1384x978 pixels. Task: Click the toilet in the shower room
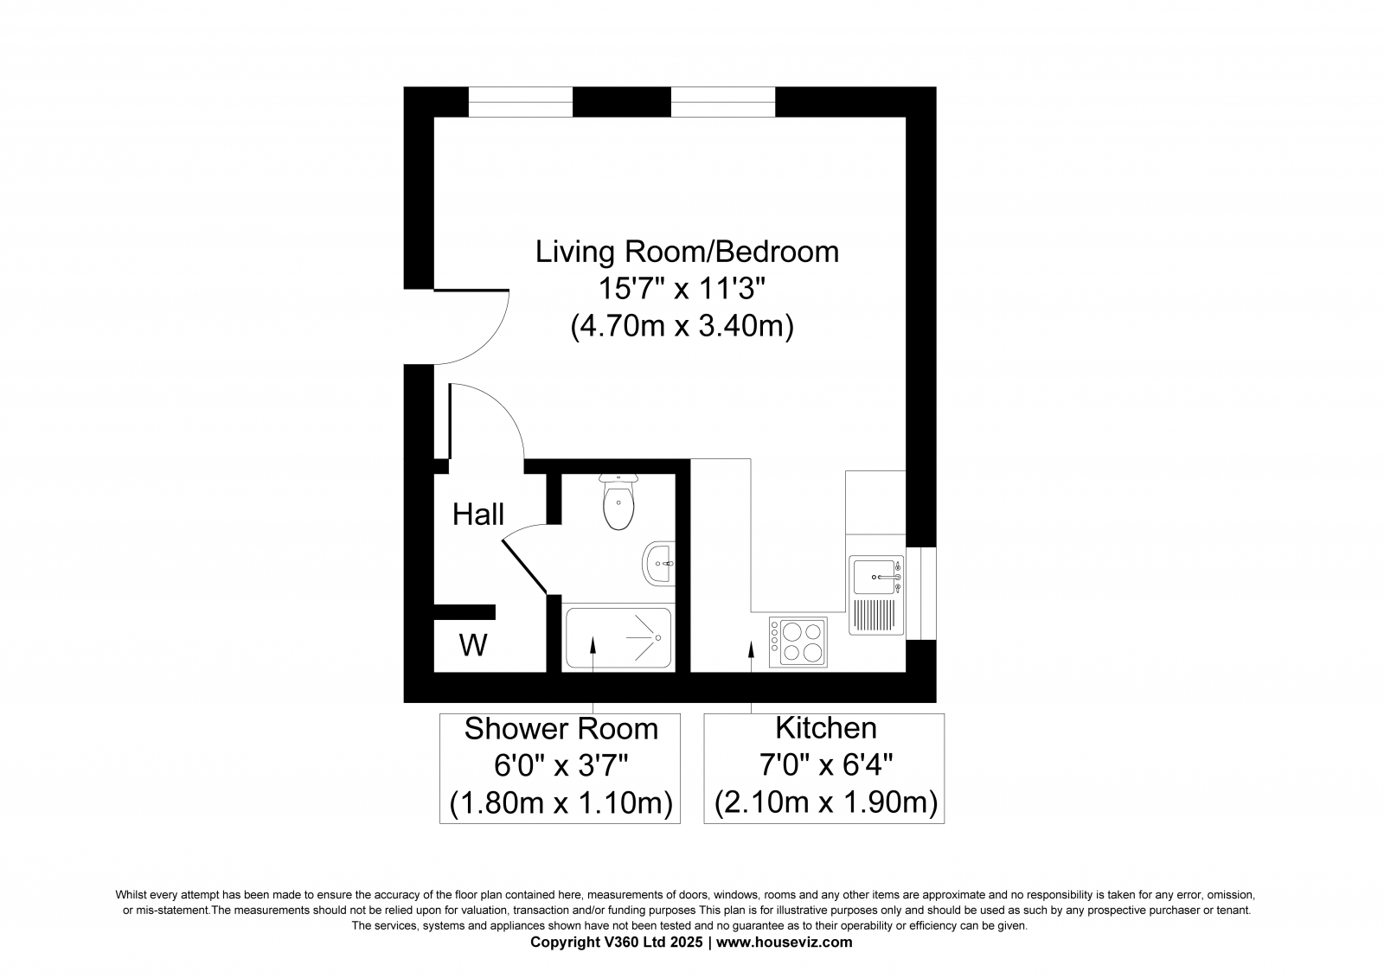pos(618,502)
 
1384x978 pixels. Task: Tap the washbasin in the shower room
pos(658,564)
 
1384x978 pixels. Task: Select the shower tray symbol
pos(618,637)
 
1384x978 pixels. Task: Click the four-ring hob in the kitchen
pos(798,642)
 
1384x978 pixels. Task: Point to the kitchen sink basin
pos(874,577)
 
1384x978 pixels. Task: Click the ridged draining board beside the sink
pos(874,615)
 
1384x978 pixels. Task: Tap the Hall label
pos(478,515)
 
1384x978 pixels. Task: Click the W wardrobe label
pos(473,645)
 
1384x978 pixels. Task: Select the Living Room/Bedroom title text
pos(687,252)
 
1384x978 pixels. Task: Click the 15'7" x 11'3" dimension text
pos(682,288)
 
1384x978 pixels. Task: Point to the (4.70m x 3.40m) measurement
pos(682,326)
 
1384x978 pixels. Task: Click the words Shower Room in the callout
pos(561,729)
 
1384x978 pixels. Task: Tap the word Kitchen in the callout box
pos(826,728)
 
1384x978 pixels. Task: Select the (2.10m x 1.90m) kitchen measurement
pos(826,802)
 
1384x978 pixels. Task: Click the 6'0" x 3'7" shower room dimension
pos(561,766)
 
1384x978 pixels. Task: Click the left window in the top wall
pos(520,102)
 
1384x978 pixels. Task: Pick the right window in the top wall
pos(723,102)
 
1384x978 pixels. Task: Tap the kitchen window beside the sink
pos(921,593)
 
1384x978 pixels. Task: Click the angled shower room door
pos(524,566)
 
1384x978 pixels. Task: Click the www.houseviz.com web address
pos(784,942)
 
